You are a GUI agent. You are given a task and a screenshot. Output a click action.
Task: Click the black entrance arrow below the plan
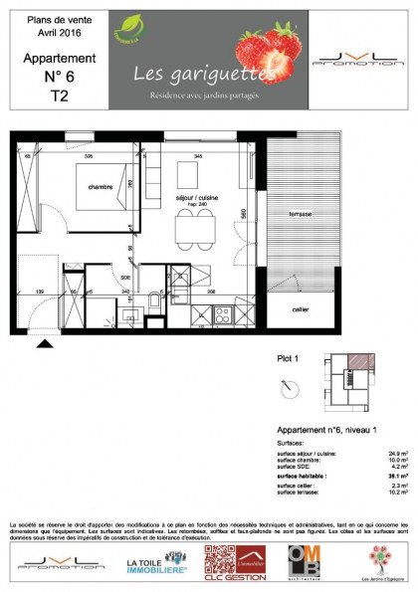click(45, 344)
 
